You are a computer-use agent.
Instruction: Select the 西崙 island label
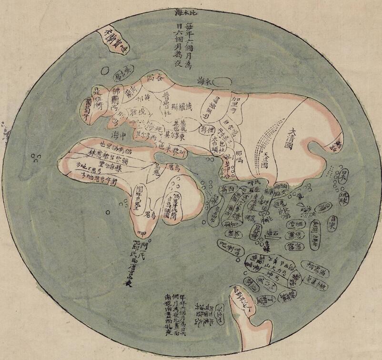(226, 190)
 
